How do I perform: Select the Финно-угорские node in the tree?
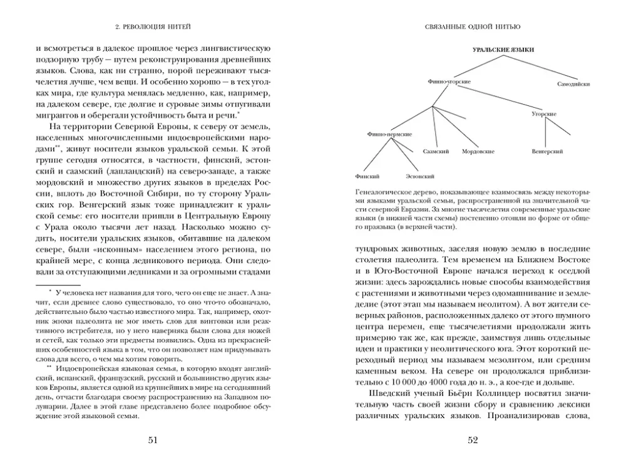tap(449, 81)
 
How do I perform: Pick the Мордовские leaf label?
tap(478, 152)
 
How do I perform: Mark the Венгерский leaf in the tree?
tap(547, 152)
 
